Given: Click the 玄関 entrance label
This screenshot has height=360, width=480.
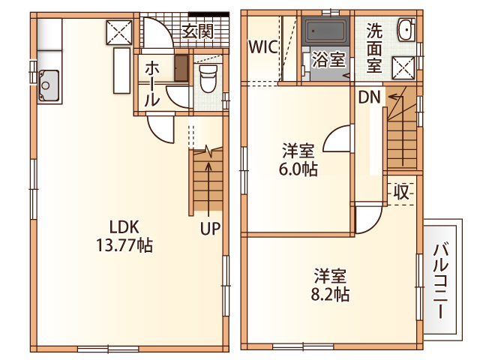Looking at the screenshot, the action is [x=197, y=31].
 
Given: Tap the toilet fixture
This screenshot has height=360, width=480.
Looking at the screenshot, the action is [x=208, y=78].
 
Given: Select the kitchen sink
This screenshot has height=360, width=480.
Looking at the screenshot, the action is [x=49, y=85].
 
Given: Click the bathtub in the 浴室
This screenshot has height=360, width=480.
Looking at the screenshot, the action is [x=325, y=31].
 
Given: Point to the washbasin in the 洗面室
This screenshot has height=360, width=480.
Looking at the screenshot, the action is [x=406, y=29].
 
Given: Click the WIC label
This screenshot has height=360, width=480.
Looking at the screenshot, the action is [x=263, y=46].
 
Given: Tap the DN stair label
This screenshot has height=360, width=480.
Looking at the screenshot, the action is [x=369, y=97].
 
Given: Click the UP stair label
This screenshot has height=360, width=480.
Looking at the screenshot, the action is [x=210, y=228].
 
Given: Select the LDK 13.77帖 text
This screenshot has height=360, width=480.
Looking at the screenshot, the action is [x=124, y=236].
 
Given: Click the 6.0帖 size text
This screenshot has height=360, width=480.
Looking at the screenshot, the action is [x=298, y=169].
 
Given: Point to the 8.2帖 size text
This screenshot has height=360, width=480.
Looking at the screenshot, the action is [x=330, y=295].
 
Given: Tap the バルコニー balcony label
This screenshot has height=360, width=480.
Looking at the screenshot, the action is [x=441, y=281].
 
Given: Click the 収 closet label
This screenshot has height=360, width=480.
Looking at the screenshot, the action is [x=401, y=192].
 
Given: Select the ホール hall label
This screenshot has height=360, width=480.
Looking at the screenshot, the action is [x=152, y=83].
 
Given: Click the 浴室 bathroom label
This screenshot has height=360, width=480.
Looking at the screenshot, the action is [x=328, y=59].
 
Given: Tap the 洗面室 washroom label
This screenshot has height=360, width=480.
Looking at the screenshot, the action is [x=374, y=48].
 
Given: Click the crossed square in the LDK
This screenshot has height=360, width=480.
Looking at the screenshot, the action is [x=119, y=32].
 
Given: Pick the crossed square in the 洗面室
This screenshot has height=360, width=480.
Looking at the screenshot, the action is [x=403, y=67].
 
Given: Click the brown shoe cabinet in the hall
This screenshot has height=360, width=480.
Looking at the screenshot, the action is [x=181, y=68].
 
